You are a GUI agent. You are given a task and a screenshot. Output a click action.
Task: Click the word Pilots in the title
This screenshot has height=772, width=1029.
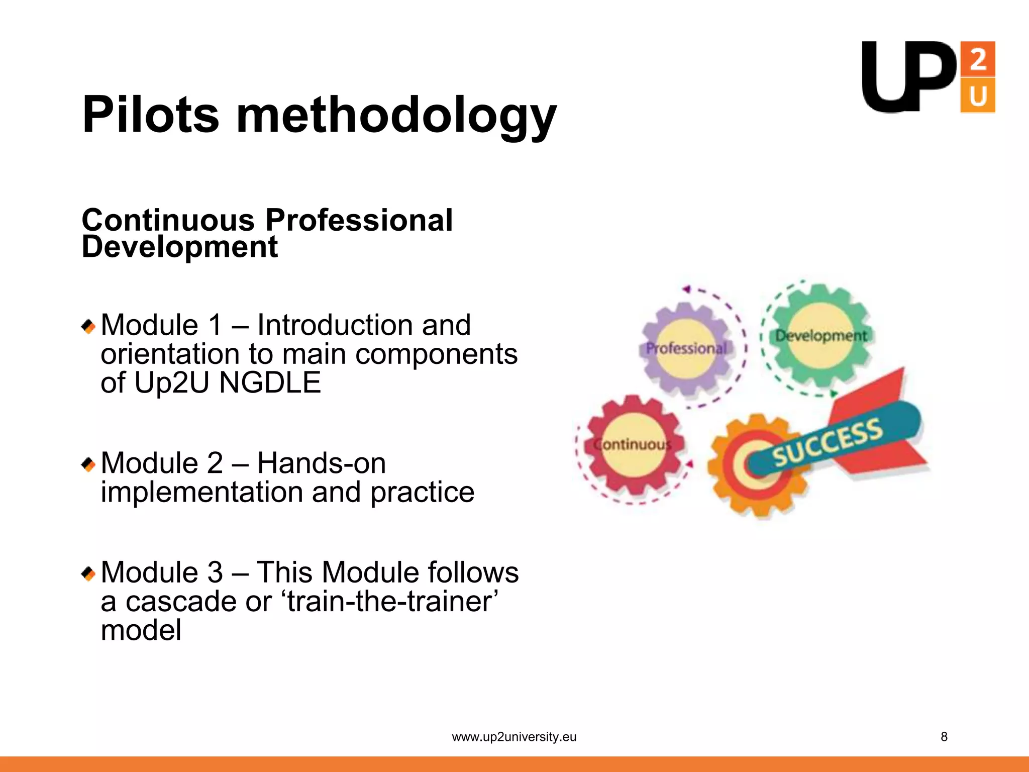[x=151, y=115]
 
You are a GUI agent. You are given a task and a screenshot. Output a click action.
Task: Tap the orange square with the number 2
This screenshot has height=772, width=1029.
[x=977, y=59]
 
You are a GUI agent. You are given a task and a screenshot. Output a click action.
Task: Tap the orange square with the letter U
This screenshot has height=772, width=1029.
[x=977, y=95]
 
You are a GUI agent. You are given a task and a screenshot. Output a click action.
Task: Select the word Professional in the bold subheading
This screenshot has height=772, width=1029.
[x=359, y=220]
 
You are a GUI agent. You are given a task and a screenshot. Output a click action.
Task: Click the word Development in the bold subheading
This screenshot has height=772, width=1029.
[x=180, y=247]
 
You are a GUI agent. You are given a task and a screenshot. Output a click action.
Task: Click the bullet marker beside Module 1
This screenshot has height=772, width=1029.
[x=88, y=327]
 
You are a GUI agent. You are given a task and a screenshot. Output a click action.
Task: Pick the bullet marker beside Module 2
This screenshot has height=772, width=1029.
[x=88, y=464]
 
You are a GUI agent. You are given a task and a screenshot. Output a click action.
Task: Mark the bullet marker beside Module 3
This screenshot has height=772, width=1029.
[x=88, y=573]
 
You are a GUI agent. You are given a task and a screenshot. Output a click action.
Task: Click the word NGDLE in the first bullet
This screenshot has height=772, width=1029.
[x=270, y=383]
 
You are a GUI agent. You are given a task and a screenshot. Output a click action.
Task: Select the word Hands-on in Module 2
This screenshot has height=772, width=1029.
[x=322, y=463]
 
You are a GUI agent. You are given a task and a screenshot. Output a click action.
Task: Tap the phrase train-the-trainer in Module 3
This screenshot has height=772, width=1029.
[x=392, y=601]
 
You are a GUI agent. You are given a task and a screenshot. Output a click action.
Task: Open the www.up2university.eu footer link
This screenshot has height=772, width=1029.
[x=514, y=737]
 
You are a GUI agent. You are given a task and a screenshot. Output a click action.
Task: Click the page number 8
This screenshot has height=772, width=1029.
[x=944, y=737]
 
